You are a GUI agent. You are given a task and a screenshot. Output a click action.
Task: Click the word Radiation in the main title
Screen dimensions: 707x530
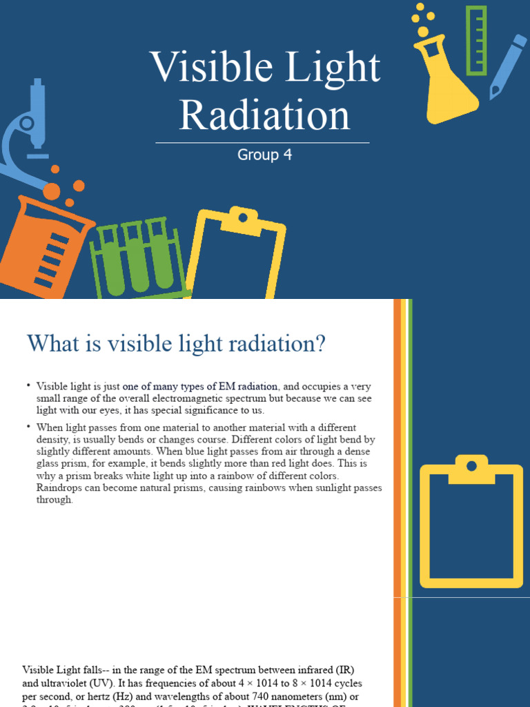coord(265,115)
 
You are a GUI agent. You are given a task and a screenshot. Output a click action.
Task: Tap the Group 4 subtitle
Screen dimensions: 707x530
coord(265,155)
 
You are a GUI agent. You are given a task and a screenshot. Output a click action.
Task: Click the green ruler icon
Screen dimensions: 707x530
coord(476,40)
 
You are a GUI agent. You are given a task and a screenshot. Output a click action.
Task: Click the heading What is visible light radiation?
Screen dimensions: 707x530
coord(175,343)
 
